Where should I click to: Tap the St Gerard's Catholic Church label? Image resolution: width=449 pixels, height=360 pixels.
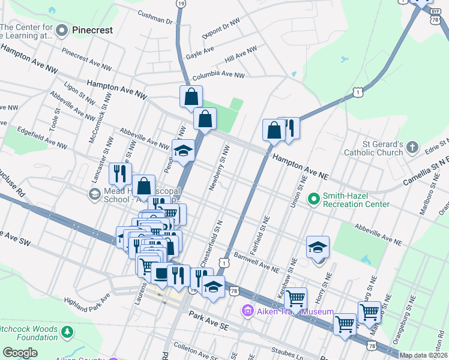[x=372, y=148]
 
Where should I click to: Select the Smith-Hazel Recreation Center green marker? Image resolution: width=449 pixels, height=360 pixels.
[x=313, y=197]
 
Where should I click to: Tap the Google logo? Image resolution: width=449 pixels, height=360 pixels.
[x=20, y=352]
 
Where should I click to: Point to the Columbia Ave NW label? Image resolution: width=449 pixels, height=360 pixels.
[x=218, y=76]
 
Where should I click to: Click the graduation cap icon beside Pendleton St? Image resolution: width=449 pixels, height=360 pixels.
[x=183, y=151]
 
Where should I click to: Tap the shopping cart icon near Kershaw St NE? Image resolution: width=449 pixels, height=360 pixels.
[x=295, y=298]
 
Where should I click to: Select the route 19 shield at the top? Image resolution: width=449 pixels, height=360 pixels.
[x=181, y=4]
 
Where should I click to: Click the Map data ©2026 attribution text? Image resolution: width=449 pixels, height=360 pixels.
[x=423, y=355]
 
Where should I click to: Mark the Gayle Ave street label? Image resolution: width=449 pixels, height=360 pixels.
[x=200, y=54]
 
